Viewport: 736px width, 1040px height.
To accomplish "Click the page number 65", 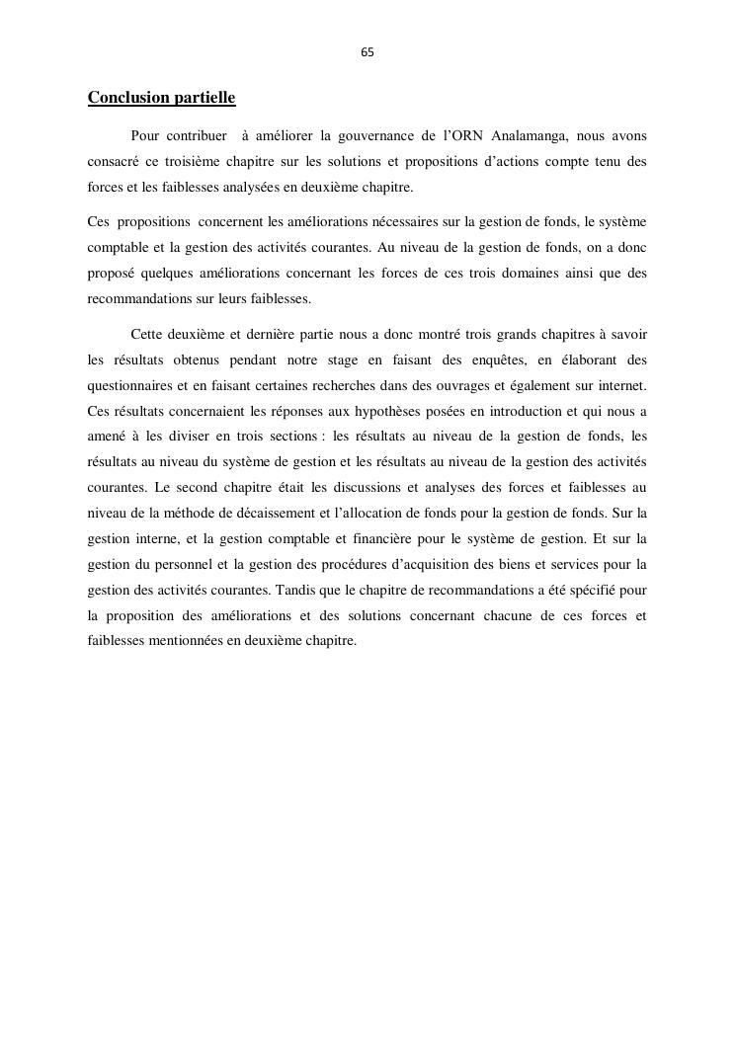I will tap(368, 52).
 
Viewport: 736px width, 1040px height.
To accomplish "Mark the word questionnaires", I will tap(131, 386).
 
